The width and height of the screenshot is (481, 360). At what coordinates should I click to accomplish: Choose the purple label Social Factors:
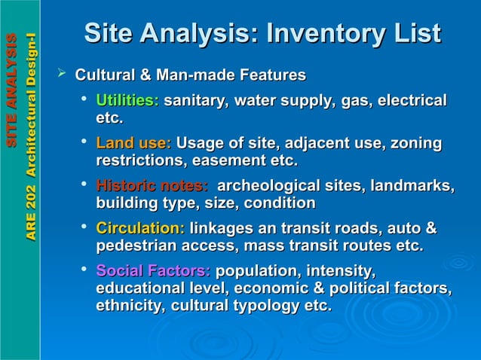153,270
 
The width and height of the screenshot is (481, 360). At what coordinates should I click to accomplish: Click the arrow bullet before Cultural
63,74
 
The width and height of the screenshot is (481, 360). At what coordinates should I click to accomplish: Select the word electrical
412,100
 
